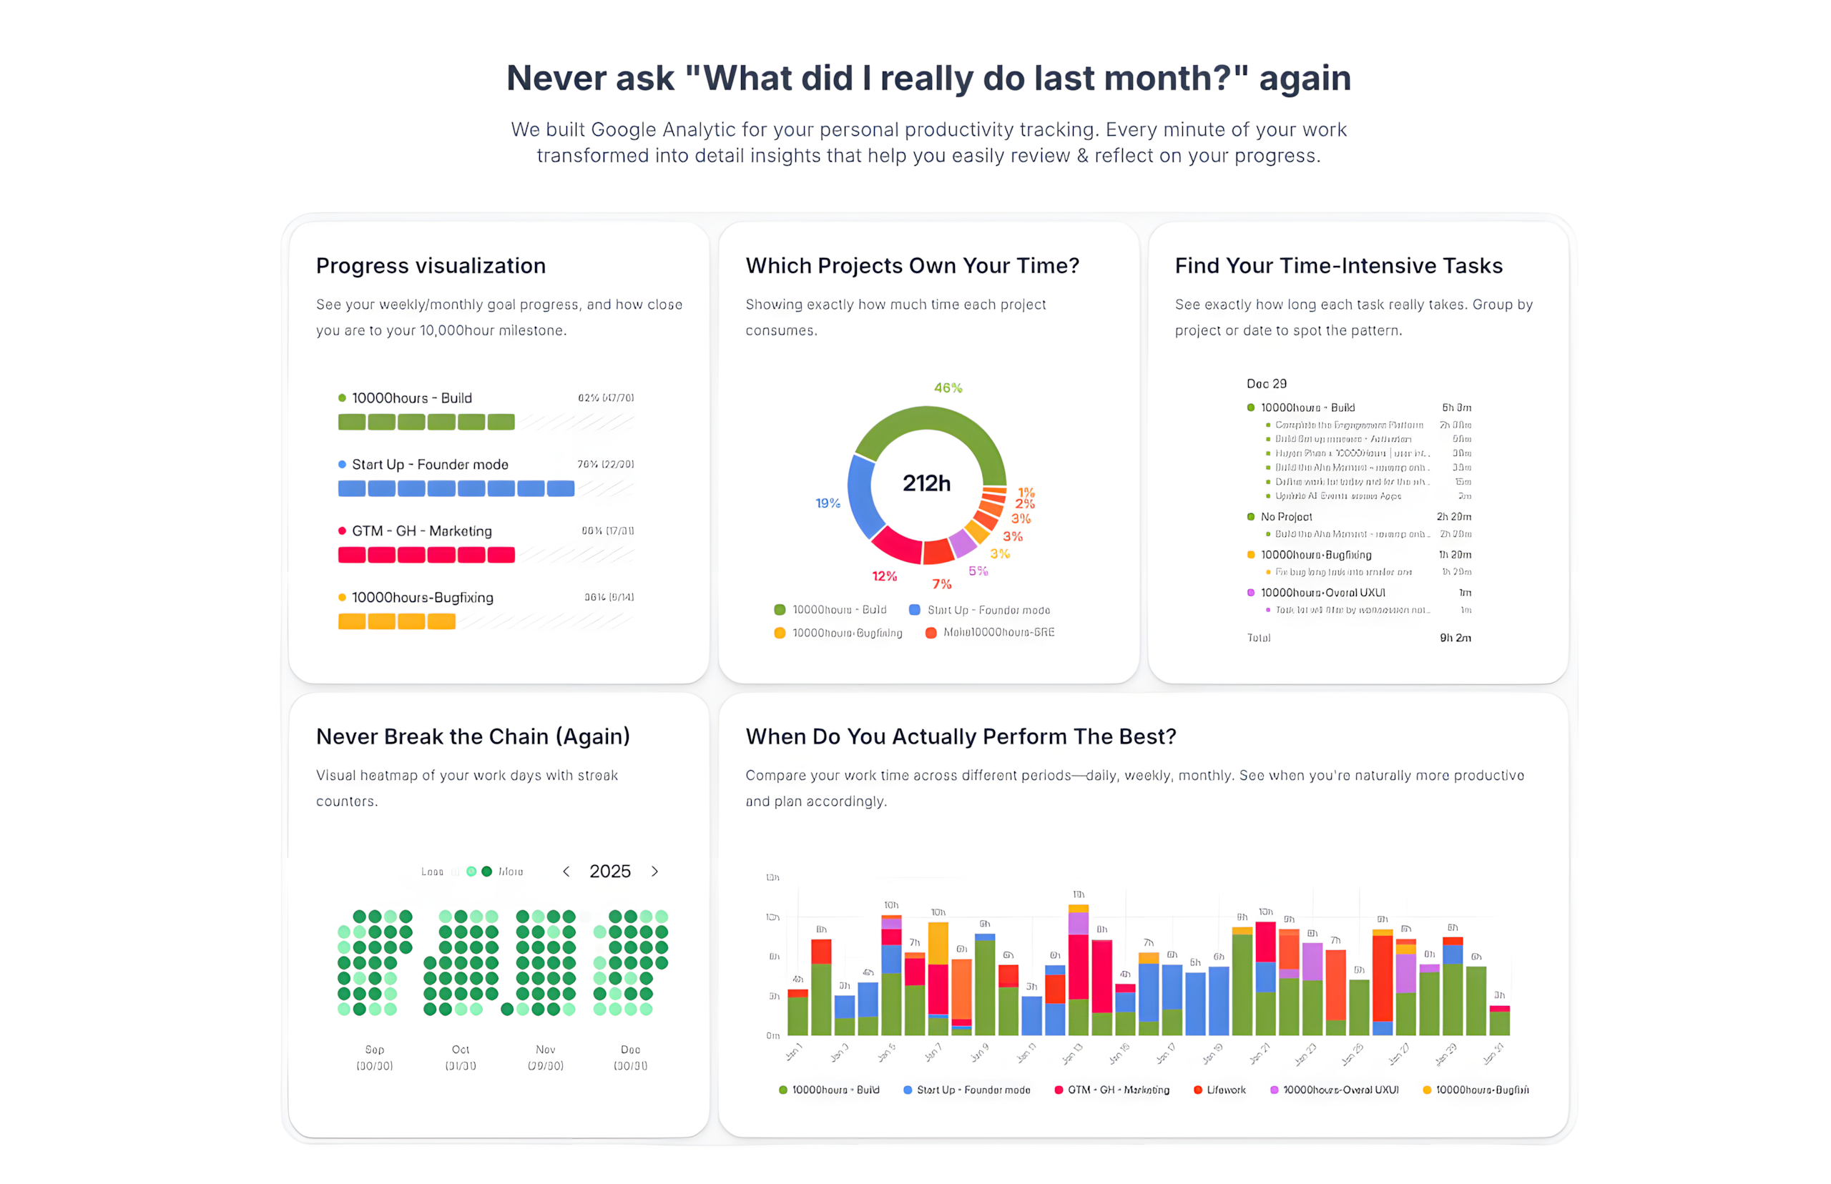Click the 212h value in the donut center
[x=926, y=483]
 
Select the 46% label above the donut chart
[x=948, y=388]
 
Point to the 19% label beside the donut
[x=828, y=503]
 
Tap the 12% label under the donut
[x=883, y=576]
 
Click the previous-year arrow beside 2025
[x=566, y=871]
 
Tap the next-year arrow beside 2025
[x=654, y=871]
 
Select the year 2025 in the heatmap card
[x=610, y=871]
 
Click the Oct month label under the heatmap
[x=460, y=1050]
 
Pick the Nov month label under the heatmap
[x=545, y=1050]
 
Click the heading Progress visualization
[x=431, y=265]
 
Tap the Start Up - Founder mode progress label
[x=430, y=464]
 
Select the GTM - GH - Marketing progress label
[x=421, y=531]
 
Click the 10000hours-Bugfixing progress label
[x=422, y=598]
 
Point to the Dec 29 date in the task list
[x=1266, y=384]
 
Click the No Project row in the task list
[x=1286, y=517]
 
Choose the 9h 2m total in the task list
[x=1455, y=637]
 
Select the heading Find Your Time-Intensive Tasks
[x=1338, y=265]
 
